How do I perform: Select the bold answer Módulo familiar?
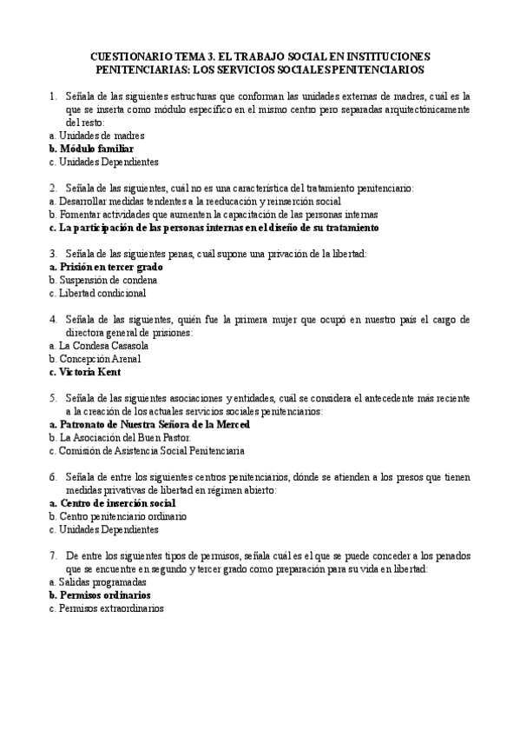(x=89, y=149)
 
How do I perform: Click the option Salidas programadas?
(x=97, y=581)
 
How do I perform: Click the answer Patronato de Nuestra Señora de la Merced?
(x=148, y=424)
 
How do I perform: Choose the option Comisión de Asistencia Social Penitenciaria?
(x=147, y=451)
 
